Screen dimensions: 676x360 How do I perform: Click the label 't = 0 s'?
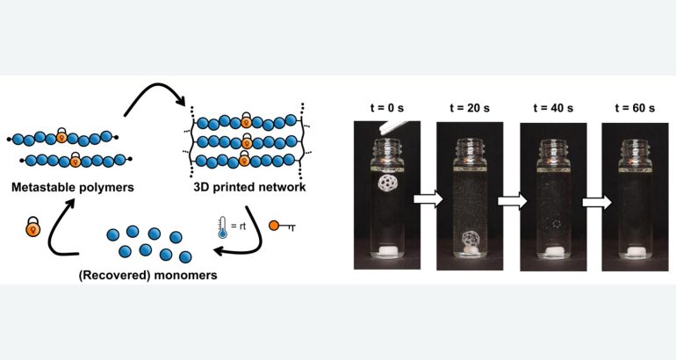pyautogui.click(x=386, y=108)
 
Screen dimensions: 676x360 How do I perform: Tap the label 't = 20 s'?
pyautogui.click(x=470, y=108)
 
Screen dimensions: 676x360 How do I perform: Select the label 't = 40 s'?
pyautogui.click(x=553, y=108)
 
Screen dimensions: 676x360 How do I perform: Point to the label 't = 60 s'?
pyautogui.click(x=635, y=108)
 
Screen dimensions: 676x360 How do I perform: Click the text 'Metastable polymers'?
pyautogui.click(x=72, y=187)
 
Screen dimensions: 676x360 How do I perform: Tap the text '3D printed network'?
pyautogui.click(x=249, y=187)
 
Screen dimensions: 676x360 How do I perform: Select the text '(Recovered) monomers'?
pyautogui.click(x=147, y=275)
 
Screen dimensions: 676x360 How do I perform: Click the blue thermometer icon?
pyautogui.click(x=222, y=227)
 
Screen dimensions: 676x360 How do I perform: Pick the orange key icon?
pyautogui.click(x=282, y=226)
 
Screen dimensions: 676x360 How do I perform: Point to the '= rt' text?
pyautogui.click(x=239, y=226)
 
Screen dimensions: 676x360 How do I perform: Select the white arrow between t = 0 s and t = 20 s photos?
pyautogui.click(x=428, y=198)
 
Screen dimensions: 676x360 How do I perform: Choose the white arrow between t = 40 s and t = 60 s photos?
pyautogui.click(x=597, y=201)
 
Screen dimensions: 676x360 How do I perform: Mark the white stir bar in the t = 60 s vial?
pyautogui.click(x=635, y=252)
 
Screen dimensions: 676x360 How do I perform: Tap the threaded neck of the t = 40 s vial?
pyautogui.click(x=554, y=148)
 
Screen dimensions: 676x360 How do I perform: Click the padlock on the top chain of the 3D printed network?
pyautogui.click(x=246, y=120)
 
